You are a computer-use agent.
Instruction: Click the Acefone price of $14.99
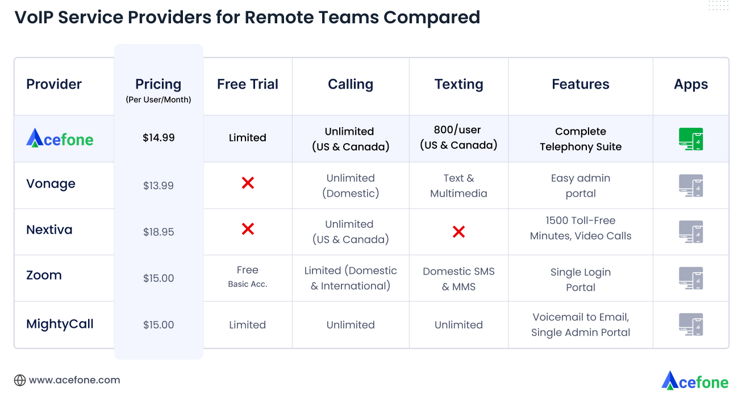point(159,138)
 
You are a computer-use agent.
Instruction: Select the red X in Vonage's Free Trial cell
point(248,183)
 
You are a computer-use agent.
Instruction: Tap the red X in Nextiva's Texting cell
point(458,231)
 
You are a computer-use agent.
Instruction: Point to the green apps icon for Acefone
point(691,139)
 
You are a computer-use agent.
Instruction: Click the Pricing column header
point(159,85)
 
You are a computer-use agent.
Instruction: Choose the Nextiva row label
point(49,230)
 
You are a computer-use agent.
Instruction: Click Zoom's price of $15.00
point(159,278)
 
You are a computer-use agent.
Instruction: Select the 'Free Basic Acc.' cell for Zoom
point(248,276)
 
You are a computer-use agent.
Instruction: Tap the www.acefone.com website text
point(74,380)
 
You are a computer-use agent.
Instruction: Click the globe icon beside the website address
point(20,381)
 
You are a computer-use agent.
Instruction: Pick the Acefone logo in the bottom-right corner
point(695,381)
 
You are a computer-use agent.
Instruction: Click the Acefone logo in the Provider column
point(60,138)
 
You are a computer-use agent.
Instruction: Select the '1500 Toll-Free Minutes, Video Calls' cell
point(581,228)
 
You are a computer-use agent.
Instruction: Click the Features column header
point(581,85)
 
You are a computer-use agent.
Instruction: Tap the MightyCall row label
point(60,324)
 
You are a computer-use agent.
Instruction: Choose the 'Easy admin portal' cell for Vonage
point(581,186)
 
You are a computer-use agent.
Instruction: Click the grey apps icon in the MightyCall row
point(691,324)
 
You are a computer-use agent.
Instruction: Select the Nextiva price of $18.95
point(159,232)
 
